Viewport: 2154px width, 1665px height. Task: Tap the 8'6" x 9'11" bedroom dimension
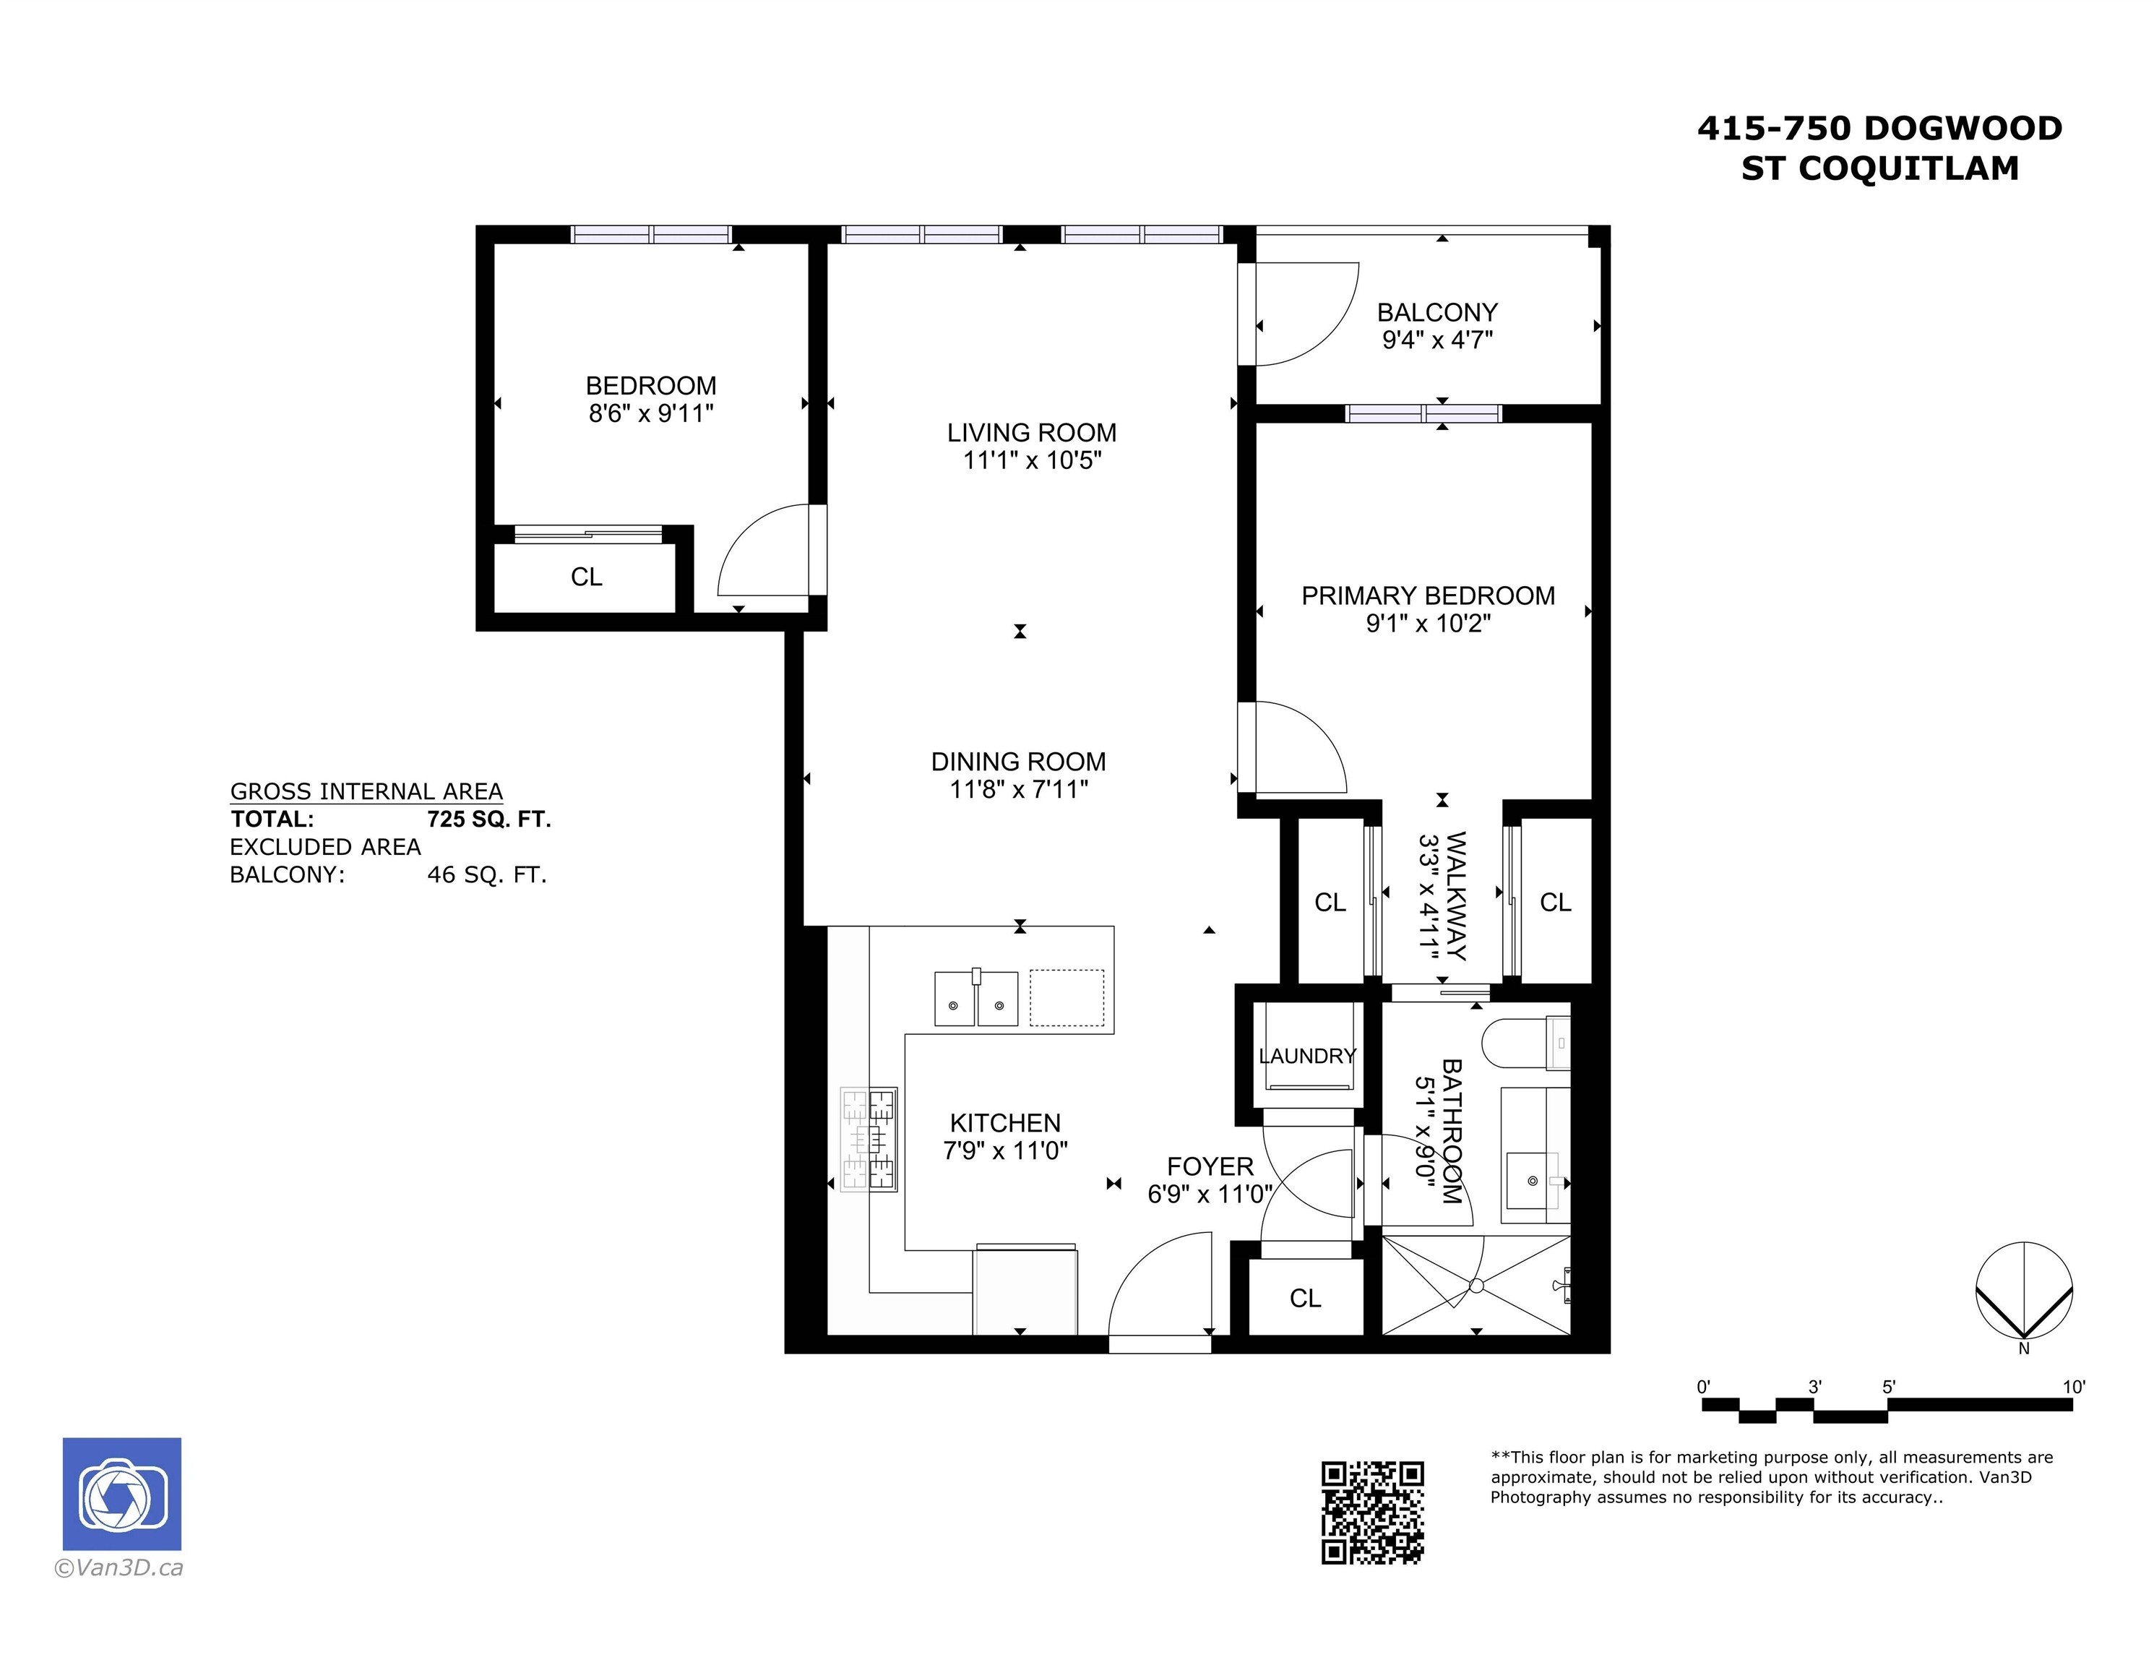(x=651, y=413)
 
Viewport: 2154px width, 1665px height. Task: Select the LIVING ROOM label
(x=1032, y=432)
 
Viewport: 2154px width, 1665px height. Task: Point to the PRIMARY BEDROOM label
(x=1427, y=595)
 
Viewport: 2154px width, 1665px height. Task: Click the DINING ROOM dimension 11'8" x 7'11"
(x=1019, y=789)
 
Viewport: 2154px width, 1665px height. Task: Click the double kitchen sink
(x=975, y=999)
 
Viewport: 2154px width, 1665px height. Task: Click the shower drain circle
(x=1476, y=1286)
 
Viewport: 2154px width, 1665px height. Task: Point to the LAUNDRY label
(x=1308, y=1057)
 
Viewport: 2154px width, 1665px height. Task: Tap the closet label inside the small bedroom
(x=586, y=577)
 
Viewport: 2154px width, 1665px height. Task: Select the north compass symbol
(x=2024, y=1292)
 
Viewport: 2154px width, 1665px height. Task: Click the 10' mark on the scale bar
(x=2073, y=1387)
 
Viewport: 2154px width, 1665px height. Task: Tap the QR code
(x=1372, y=1512)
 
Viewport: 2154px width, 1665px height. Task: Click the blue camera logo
(x=122, y=1494)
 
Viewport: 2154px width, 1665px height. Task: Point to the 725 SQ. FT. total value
(x=489, y=819)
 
